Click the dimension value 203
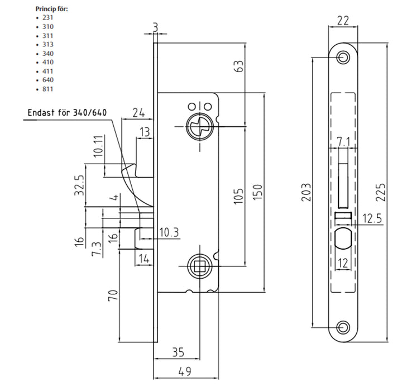[x=306, y=193]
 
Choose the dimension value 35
[x=178, y=352]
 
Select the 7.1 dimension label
[x=343, y=141]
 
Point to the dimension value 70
[x=112, y=294]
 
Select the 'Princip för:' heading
[x=52, y=9]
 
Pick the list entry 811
[x=47, y=89]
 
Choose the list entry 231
[x=47, y=17]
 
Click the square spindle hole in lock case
[x=198, y=264]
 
